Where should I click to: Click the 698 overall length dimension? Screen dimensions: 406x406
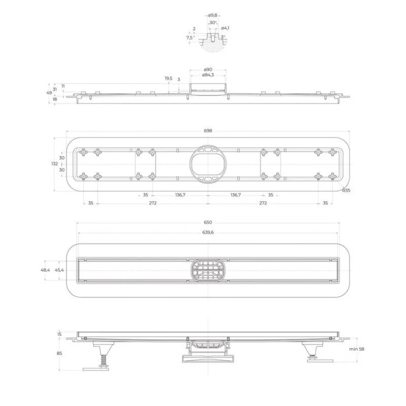(x=208, y=131)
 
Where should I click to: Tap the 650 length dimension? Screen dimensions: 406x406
(x=208, y=222)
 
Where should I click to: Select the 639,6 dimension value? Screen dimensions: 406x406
(x=208, y=232)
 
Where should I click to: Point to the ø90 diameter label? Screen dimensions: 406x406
(x=208, y=69)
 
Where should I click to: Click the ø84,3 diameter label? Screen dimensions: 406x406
(x=208, y=75)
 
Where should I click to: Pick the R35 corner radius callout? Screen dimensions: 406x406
(x=346, y=190)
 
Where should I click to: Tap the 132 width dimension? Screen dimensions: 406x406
(x=54, y=164)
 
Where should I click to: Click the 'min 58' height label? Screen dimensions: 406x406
(x=356, y=349)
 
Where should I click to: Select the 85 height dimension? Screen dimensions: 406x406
(x=59, y=353)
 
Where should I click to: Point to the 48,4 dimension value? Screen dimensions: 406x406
(x=45, y=270)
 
